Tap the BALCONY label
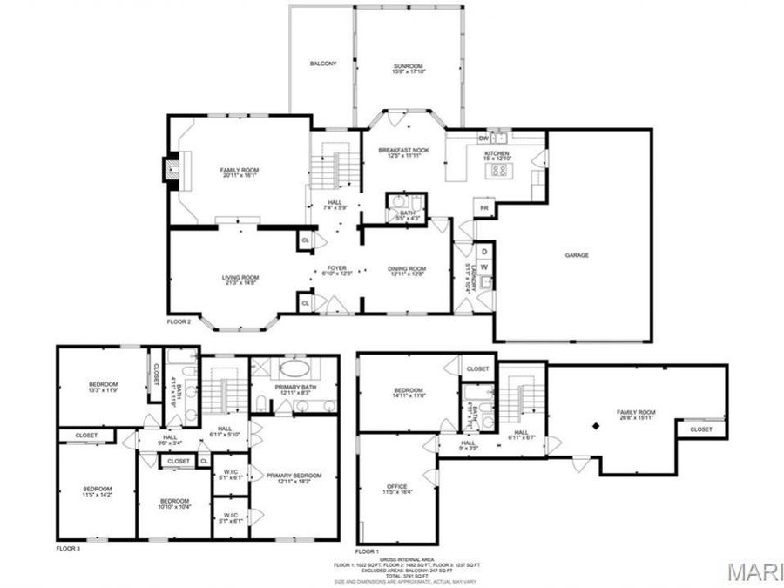point(322,64)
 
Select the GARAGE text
point(577,255)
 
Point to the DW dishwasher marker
point(483,139)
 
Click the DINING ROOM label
point(406,270)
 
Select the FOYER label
point(337,269)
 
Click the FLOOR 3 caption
point(68,549)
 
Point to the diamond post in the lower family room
point(596,425)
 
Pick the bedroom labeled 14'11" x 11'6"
point(408,391)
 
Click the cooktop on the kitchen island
point(501,170)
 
